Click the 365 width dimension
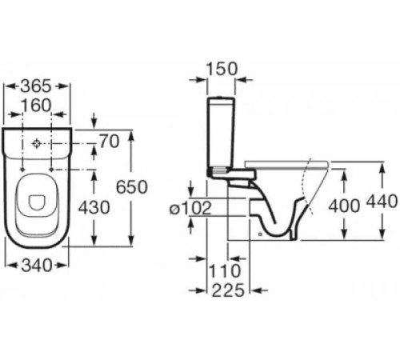click(36, 86)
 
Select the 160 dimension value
click(36, 106)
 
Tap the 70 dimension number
click(110, 142)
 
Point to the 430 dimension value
click(94, 207)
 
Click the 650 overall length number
click(132, 186)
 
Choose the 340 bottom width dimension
click(37, 266)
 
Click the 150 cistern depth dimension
click(222, 69)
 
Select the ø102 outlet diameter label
click(190, 208)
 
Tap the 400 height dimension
click(344, 206)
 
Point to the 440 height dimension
click(382, 201)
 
